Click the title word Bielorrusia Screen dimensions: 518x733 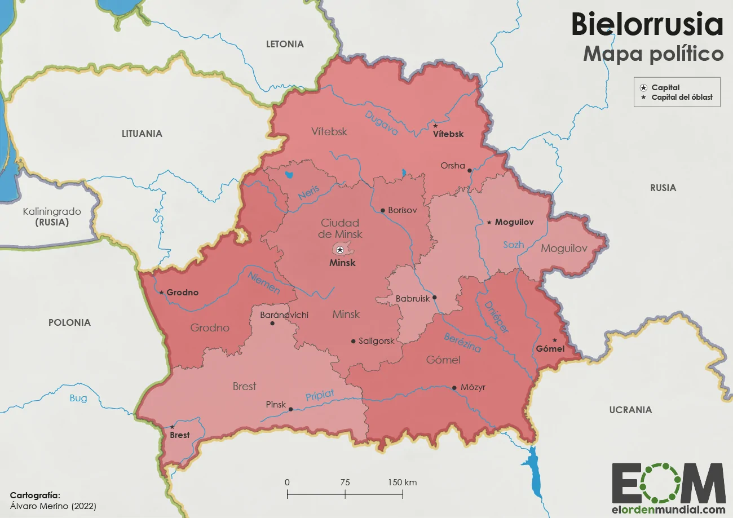[x=647, y=25]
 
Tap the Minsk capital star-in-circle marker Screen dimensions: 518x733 [x=339, y=250]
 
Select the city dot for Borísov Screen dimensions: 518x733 [x=383, y=210]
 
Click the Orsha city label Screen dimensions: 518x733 [x=452, y=166]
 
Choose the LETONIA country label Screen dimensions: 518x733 [x=285, y=44]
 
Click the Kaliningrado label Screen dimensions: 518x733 [x=52, y=212]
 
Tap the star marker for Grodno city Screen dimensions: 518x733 [x=161, y=293]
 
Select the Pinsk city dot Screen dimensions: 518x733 [x=291, y=409]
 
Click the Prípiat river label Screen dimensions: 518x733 [x=320, y=396]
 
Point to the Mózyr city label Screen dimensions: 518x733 [x=473, y=387]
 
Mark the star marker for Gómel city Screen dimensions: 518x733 [x=555, y=340]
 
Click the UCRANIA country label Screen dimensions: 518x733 [x=630, y=410]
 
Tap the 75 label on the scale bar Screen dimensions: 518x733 [x=345, y=482]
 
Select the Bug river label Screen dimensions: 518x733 [x=78, y=398]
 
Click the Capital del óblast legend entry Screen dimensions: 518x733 [x=682, y=98]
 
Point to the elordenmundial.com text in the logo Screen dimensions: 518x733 [x=669, y=510]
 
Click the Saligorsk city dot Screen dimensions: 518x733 [x=353, y=341]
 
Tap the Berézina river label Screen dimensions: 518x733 [x=462, y=342]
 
